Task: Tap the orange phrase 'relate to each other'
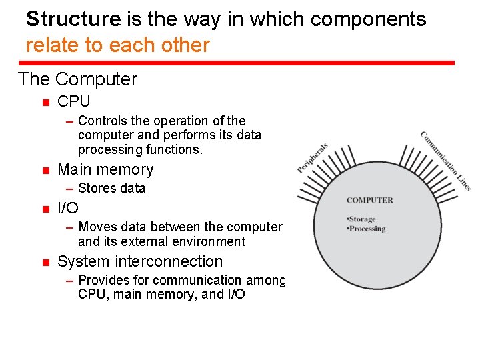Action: (117, 45)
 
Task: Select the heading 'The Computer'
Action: (77, 79)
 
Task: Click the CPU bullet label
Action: (73, 102)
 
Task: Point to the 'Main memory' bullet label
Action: (105, 169)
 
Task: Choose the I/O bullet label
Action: (68, 208)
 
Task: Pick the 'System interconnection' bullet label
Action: (140, 261)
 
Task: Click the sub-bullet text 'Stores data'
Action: (111, 189)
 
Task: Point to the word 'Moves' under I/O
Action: (96, 227)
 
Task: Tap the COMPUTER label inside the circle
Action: (370, 200)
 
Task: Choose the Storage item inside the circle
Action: (362, 219)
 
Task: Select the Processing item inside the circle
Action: (367, 229)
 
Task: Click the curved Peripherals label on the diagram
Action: (313, 159)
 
